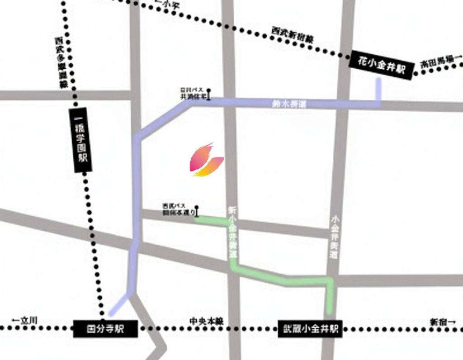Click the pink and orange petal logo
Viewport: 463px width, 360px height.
click(x=206, y=160)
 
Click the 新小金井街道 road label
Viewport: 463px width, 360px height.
click(x=233, y=232)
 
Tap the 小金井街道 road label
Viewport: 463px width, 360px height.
click(x=335, y=237)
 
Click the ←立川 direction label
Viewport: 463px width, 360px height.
click(x=24, y=321)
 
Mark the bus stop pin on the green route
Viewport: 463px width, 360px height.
click(x=197, y=211)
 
